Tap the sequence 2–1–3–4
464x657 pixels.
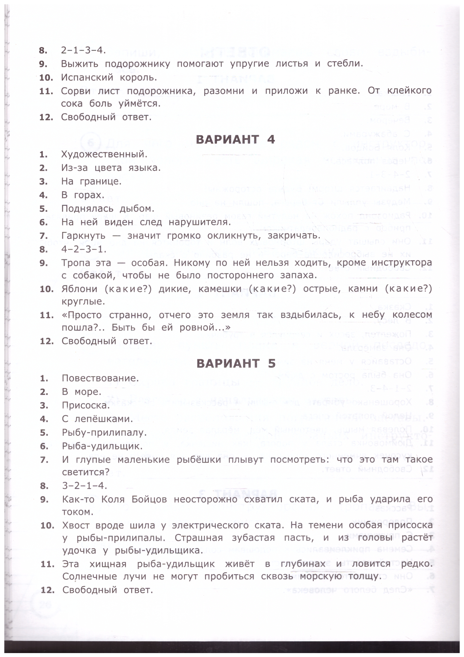click(83, 50)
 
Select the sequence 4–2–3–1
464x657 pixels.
click(84, 249)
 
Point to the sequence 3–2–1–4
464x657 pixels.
click(84, 486)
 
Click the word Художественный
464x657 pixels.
click(104, 155)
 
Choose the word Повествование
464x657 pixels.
click(100, 378)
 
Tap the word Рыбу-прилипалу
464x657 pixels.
click(104, 433)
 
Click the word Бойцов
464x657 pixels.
click(149, 499)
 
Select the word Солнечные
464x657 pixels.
click(89, 576)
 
